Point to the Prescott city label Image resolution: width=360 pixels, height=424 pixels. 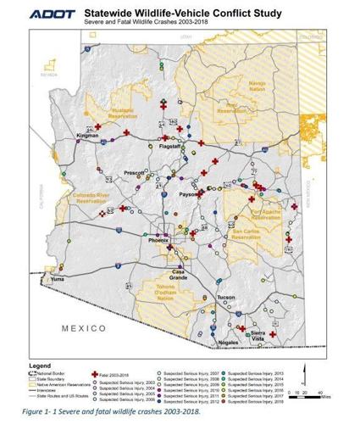(134, 174)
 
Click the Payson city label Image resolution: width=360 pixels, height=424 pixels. (188, 195)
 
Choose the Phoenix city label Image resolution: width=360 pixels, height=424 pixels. (159, 241)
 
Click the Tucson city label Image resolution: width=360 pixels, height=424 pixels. (225, 298)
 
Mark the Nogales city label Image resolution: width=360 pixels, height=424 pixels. (229, 342)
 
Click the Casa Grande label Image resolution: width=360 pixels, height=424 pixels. (179, 275)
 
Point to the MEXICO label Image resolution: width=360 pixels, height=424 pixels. (81, 327)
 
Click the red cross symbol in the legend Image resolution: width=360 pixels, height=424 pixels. (94, 374)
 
